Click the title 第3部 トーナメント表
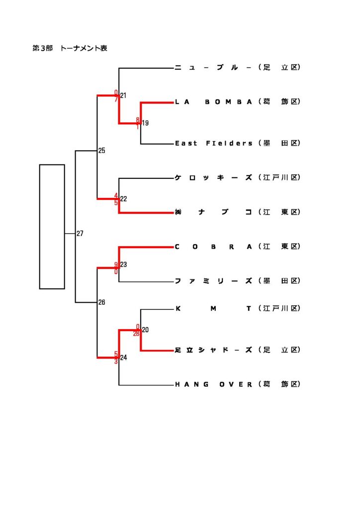click(x=70, y=48)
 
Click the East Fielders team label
click(x=214, y=143)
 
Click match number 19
click(x=145, y=123)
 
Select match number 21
click(x=123, y=95)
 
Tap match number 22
click(x=123, y=199)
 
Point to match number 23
click(x=123, y=264)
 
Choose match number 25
click(x=101, y=150)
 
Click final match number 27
click(x=80, y=233)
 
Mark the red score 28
click(x=136, y=334)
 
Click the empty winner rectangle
click(x=52, y=226)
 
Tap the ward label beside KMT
click(x=280, y=309)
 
